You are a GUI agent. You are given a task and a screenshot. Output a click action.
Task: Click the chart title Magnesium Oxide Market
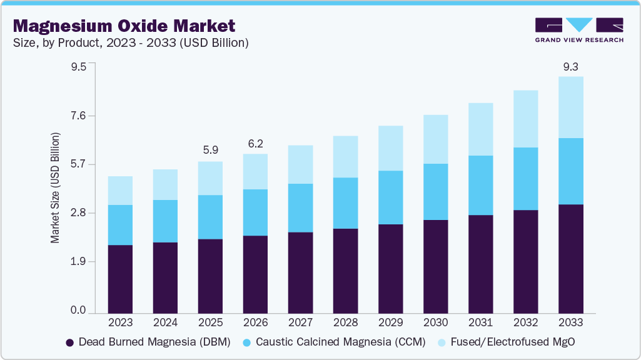(124, 26)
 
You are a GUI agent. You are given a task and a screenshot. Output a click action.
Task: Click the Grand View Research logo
(579, 29)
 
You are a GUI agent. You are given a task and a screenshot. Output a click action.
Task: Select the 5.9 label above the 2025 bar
(210, 151)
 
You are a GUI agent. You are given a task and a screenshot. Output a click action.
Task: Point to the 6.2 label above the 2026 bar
(255, 143)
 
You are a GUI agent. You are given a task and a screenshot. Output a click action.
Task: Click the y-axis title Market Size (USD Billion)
(55, 188)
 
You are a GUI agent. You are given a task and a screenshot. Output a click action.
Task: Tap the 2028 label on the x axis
(345, 322)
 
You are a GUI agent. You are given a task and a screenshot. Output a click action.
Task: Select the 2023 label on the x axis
(120, 322)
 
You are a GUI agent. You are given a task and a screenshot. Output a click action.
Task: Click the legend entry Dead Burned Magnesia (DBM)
(148, 342)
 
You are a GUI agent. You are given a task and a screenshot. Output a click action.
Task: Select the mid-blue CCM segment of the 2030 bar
(435, 191)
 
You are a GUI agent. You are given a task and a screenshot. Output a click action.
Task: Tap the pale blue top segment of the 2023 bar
(120, 191)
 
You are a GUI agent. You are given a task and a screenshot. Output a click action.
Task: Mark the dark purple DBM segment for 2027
(300, 272)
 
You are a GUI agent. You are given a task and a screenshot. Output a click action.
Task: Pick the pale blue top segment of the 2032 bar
(525, 119)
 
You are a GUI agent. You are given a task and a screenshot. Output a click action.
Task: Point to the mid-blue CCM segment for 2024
(165, 221)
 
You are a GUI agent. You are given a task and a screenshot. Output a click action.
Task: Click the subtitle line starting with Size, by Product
(131, 43)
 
